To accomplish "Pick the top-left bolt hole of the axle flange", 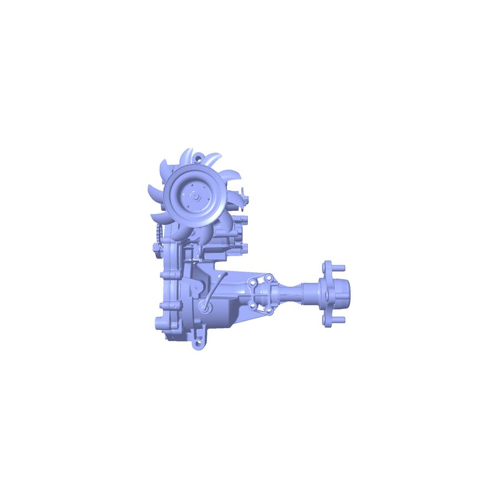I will pyautogui.click(x=252, y=283).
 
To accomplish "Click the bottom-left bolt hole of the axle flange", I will pyautogui.click(x=252, y=304).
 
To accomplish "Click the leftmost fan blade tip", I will pyautogui.click(x=149, y=191).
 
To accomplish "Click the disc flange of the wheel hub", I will pyautogui.click(x=328, y=294).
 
